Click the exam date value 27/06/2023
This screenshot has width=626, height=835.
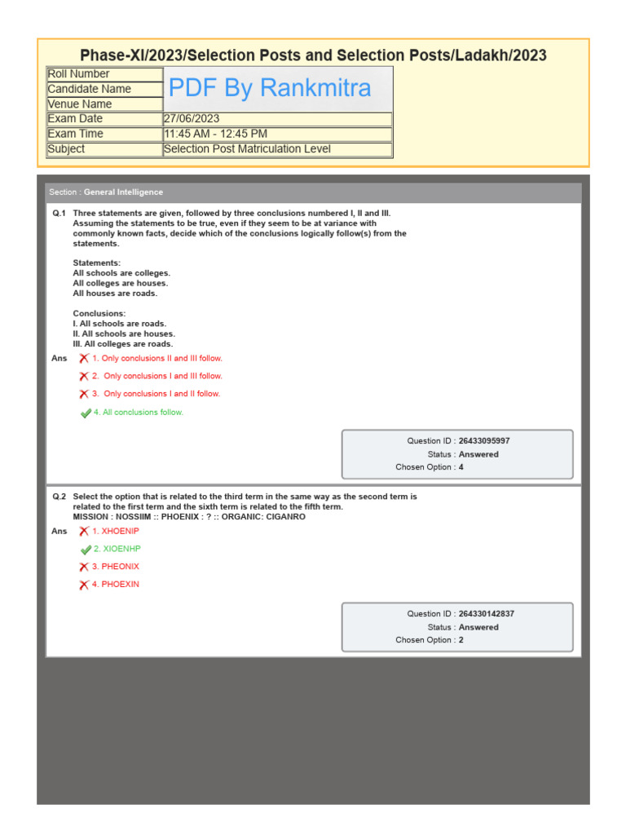[192, 119]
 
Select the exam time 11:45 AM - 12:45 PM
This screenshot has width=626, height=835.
[215, 134]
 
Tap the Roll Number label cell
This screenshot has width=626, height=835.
[78, 74]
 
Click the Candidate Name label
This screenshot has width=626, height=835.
[89, 89]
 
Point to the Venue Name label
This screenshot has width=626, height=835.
[80, 104]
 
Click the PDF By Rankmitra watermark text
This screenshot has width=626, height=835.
[270, 88]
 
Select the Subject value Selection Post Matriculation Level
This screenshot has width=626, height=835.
[247, 149]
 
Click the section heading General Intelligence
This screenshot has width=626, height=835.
[123, 192]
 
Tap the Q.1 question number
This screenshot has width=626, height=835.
[59, 213]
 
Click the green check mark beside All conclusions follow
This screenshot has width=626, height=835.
[86, 413]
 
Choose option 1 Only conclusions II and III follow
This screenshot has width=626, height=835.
[156, 359]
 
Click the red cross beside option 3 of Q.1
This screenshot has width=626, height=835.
[84, 395]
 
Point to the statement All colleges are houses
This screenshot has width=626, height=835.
[121, 283]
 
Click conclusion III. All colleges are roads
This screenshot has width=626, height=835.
[123, 344]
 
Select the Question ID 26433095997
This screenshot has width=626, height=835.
[484, 441]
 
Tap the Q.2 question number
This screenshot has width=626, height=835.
[59, 497]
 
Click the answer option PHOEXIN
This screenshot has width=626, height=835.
[120, 585]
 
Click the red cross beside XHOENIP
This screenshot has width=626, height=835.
[84, 532]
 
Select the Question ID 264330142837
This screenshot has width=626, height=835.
[486, 614]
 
